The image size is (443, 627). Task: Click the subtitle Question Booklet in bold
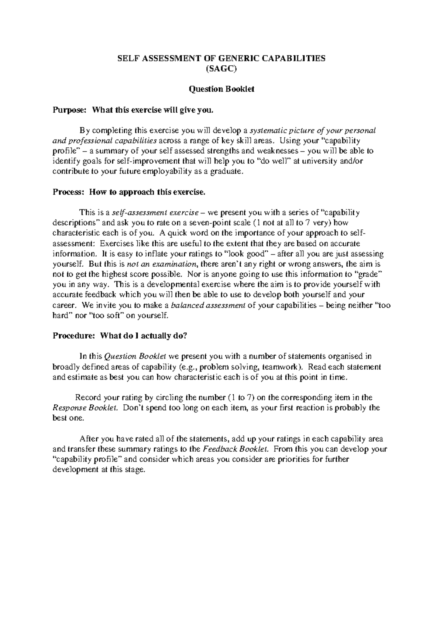point(221,89)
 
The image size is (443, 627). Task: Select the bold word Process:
point(69,192)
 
